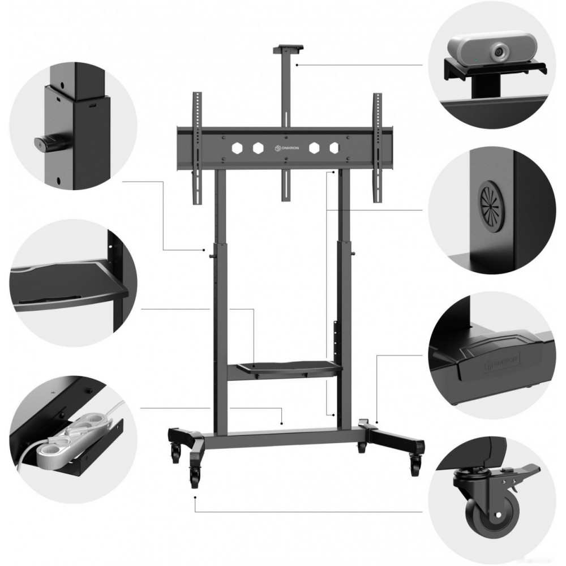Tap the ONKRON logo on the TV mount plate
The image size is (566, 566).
coord(286,148)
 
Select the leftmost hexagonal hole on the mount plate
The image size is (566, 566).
coord(237,148)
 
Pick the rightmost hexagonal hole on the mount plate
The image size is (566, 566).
coord(335,148)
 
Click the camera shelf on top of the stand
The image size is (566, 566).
coord(288,49)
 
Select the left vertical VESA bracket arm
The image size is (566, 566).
coord(197,148)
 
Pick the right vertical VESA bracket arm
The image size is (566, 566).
coord(378,148)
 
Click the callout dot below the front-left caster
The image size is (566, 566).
coord(195,497)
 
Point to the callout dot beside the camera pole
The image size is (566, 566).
coord(297,65)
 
